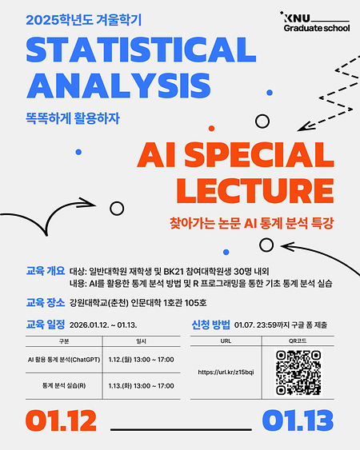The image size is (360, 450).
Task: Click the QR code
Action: click(x=298, y=372)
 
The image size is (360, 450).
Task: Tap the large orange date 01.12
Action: click(x=61, y=420)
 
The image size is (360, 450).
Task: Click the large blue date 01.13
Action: click(x=297, y=420)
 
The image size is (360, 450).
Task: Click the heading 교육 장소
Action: click(x=45, y=303)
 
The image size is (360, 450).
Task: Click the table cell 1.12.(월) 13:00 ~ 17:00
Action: click(x=142, y=359)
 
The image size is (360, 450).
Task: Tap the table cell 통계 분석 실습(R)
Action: click(x=63, y=385)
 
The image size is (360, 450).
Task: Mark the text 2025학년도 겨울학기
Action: click(x=77, y=18)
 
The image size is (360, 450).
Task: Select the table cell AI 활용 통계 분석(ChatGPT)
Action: click(x=63, y=359)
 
